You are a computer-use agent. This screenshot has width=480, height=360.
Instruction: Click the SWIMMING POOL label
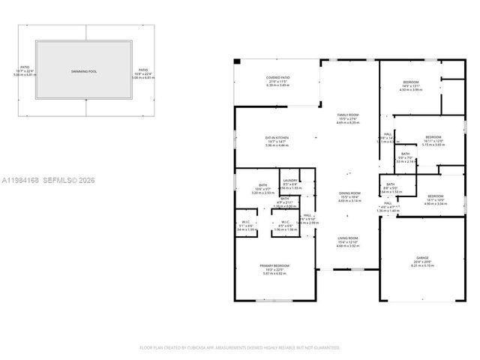[84, 71]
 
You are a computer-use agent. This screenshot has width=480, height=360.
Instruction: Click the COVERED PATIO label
[277, 77]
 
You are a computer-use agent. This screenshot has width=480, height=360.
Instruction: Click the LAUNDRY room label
[290, 180]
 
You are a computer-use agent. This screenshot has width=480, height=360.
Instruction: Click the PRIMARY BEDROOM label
[274, 266]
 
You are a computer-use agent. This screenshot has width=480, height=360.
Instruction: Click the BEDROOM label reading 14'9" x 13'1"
[410, 82]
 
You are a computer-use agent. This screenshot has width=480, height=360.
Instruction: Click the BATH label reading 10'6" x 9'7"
[263, 185]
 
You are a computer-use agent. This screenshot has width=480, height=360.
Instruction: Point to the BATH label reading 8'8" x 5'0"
[390, 184]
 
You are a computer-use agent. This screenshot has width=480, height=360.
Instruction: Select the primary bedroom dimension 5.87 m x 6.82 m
[274, 274]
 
